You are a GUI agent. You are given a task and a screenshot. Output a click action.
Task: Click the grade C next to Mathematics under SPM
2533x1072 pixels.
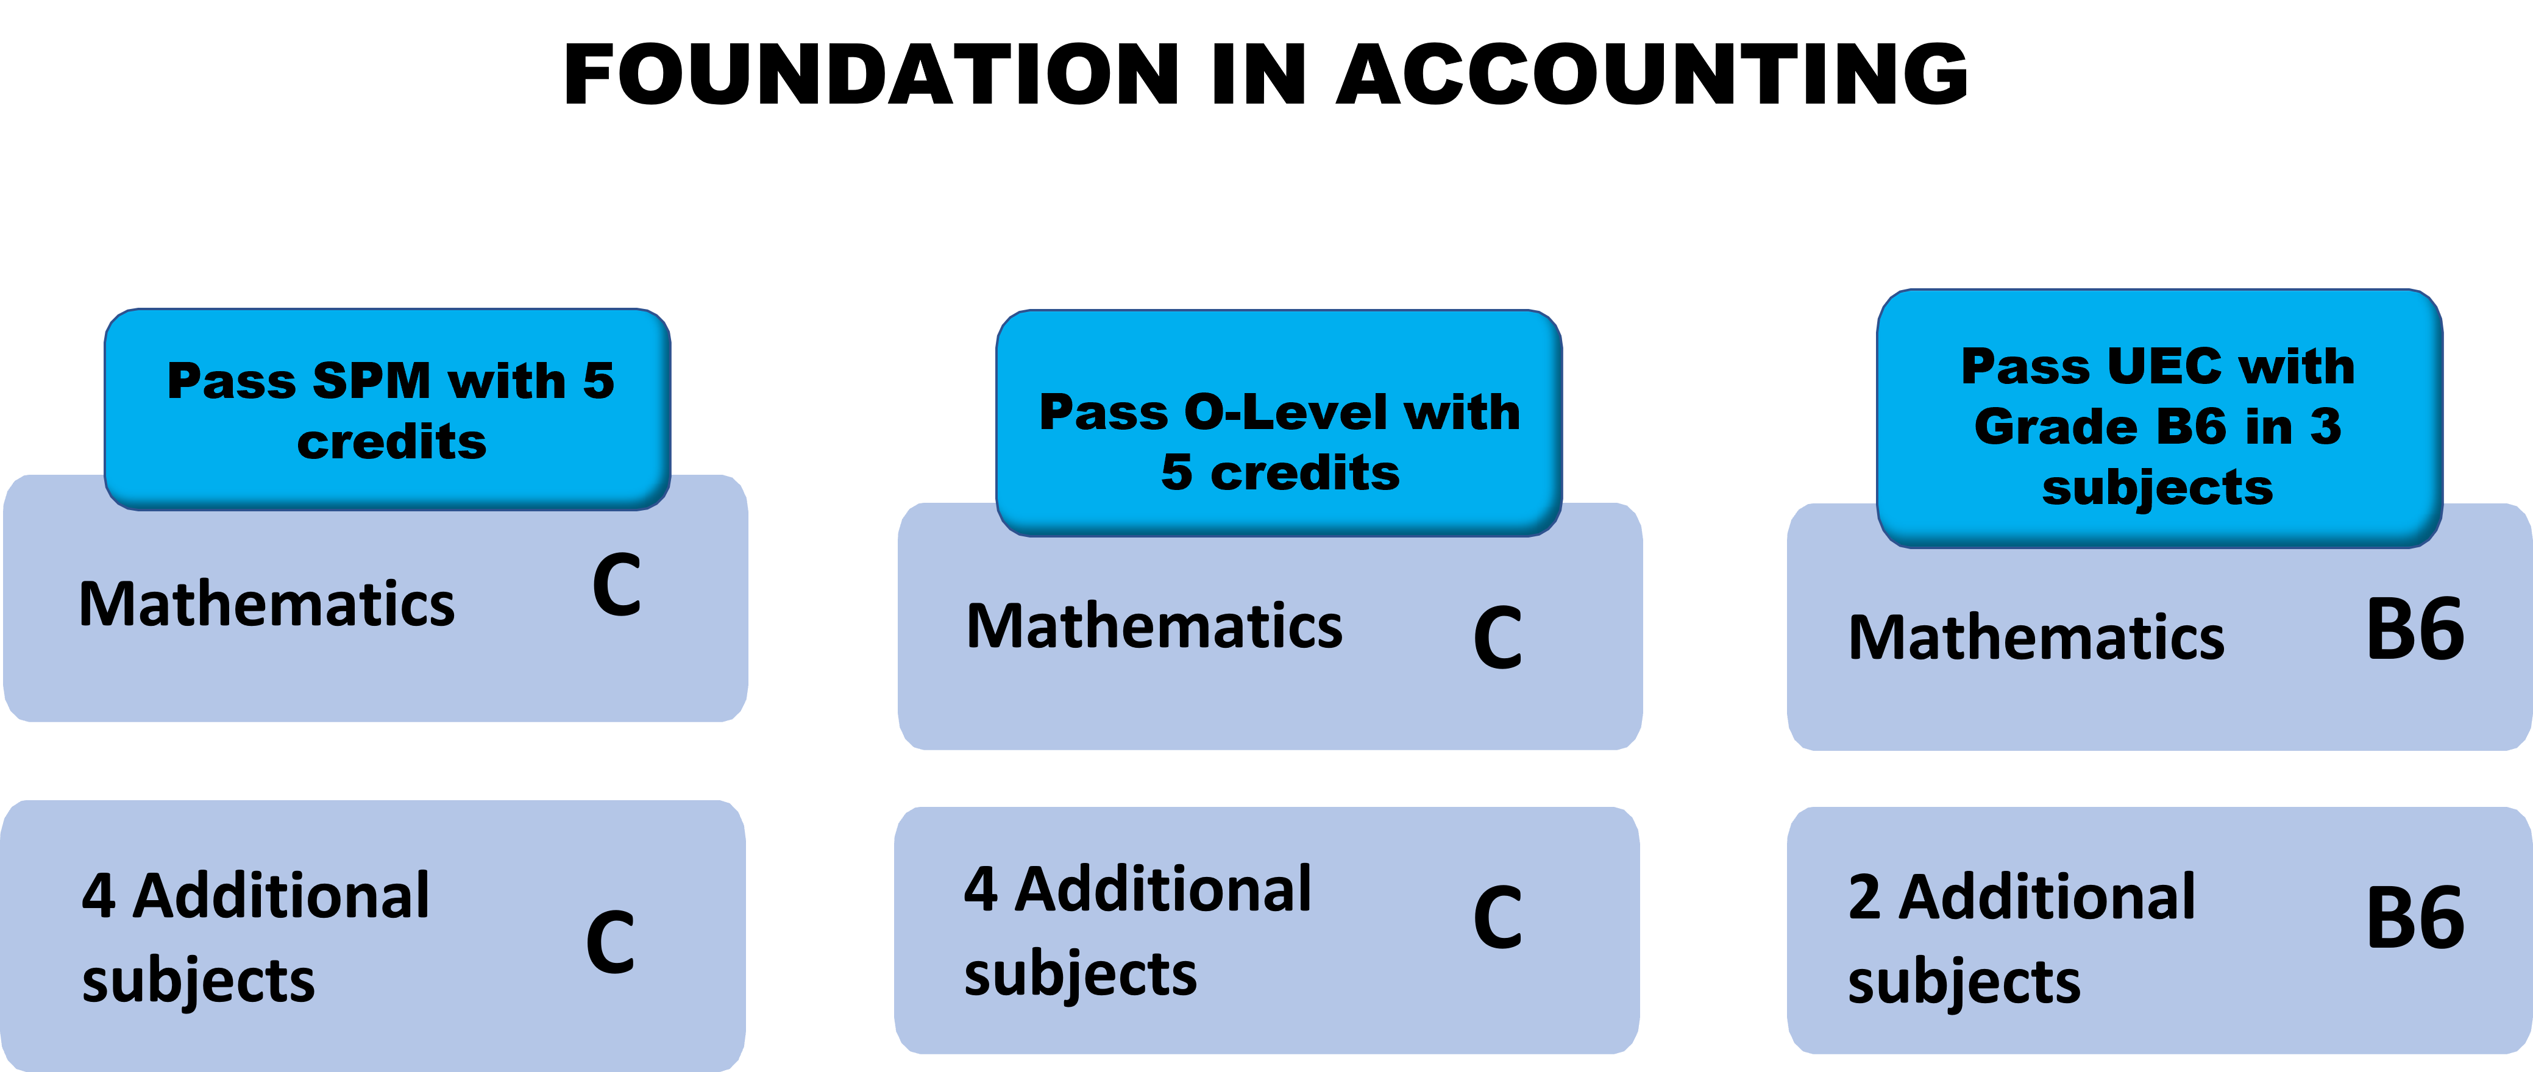[x=617, y=586]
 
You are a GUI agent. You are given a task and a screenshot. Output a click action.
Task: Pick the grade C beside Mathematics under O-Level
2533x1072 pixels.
[x=1497, y=639]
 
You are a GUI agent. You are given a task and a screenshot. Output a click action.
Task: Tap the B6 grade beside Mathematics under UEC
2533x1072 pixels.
[x=2415, y=630]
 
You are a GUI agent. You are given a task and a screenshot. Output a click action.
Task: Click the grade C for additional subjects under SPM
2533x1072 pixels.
[x=609, y=942]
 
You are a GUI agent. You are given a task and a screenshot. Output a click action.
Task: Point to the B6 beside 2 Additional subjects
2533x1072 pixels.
[x=2415, y=918]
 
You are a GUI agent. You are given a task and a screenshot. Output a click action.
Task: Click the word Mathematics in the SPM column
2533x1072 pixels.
[x=266, y=604]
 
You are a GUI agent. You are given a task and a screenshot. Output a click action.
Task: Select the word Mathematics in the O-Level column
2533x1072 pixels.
[x=1154, y=627]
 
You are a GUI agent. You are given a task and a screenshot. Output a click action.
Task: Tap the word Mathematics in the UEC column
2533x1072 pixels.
[x=2036, y=638]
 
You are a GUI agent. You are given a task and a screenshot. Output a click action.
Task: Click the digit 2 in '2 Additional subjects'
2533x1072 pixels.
[x=1864, y=898]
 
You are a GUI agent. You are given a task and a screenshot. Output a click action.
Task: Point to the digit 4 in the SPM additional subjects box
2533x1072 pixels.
[x=98, y=896]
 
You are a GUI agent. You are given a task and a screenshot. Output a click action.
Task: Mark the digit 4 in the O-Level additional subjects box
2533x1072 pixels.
[x=981, y=889]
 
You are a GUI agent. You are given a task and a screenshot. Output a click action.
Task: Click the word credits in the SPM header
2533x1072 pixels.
[x=391, y=442]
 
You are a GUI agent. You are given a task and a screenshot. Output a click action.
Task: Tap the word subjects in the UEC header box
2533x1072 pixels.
[x=2158, y=488]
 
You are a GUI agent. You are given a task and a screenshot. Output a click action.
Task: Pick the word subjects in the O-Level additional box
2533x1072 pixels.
[x=1079, y=974]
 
